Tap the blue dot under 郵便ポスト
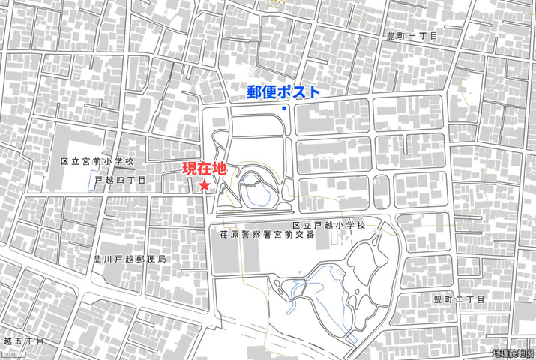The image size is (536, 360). (x=284, y=109)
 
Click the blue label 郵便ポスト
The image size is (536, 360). (x=283, y=92)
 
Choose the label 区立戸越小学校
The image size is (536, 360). (x=328, y=225)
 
